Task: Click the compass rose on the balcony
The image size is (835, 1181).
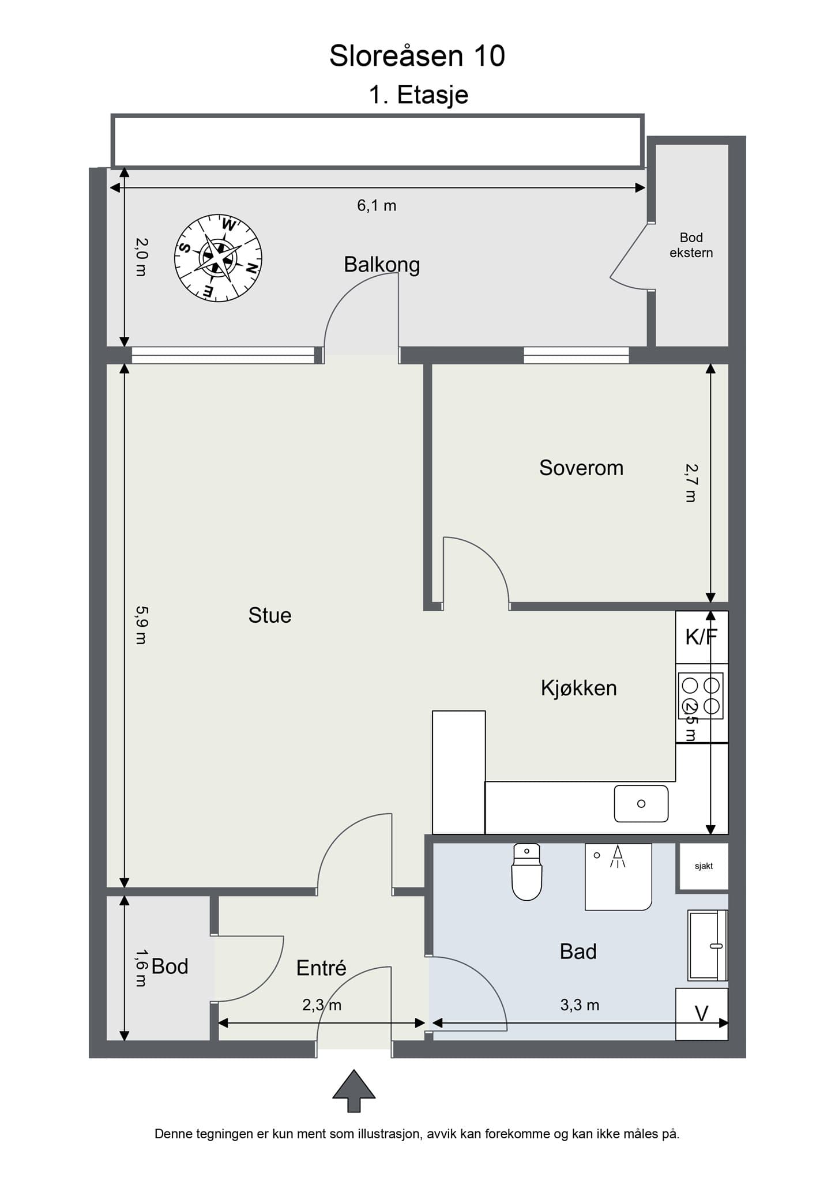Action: click(x=218, y=258)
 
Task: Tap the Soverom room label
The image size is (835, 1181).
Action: click(x=581, y=468)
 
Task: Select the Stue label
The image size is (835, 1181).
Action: click(x=270, y=615)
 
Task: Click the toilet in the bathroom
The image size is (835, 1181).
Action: click(x=526, y=871)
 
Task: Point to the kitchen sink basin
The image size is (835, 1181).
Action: click(x=641, y=803)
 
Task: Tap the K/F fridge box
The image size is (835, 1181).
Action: click(x=702, y=637)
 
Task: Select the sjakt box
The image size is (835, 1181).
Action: click(x=704, y=866)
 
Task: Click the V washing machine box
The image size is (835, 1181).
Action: click(x=701, y=1014)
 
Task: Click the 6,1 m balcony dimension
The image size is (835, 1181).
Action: click(x=377, y=205)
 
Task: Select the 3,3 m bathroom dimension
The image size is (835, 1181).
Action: click(x=580, y=1005)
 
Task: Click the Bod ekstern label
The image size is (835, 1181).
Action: click(x=691, y=245)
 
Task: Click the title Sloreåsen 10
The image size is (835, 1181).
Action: click(x=417, y=56)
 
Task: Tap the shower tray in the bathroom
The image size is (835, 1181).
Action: click(x=618, y=877)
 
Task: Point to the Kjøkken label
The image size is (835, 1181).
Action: click(x=579, y=688)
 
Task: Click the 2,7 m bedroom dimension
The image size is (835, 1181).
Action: click(x=691, y=483)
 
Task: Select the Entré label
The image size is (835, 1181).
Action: click(x=321, y=968)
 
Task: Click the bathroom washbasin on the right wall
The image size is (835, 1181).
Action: click(x=708, y=946)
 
